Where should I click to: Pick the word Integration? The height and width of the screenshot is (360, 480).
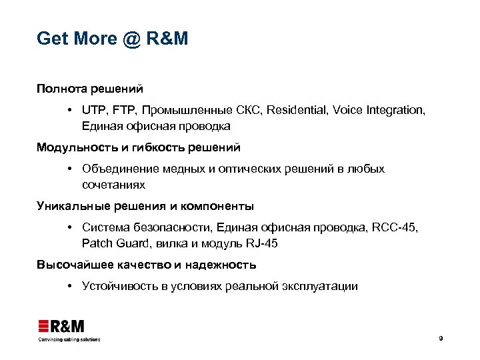pos(394,110)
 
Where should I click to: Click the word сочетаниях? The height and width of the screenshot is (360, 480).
pos(113,185)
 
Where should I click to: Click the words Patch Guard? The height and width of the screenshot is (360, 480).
pos(111,243)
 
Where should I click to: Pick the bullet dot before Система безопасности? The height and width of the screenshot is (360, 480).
pos(70,227)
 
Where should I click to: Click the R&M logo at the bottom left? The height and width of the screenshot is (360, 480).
pos(61,327)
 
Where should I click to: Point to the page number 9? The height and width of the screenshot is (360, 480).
pos(441,339)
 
